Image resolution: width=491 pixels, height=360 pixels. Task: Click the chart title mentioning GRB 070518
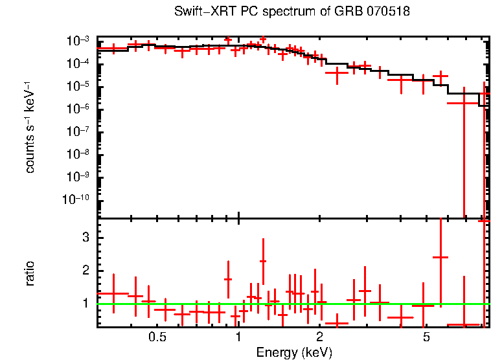(292, 12)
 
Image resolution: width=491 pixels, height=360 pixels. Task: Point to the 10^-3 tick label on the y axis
(80, 41)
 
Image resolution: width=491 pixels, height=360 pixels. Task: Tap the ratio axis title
(30, 273)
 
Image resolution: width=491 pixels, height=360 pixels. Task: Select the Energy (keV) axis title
(294, 352)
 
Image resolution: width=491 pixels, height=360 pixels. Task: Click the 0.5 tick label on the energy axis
(157, 337)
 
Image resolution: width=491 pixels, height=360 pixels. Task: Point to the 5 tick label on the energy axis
(426, 337)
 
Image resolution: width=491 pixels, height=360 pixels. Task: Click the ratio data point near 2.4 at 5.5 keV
(440, 257)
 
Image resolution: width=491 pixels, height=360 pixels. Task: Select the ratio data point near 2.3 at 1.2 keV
(263, 261)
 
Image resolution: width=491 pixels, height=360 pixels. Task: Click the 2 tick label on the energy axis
(320, 337)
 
